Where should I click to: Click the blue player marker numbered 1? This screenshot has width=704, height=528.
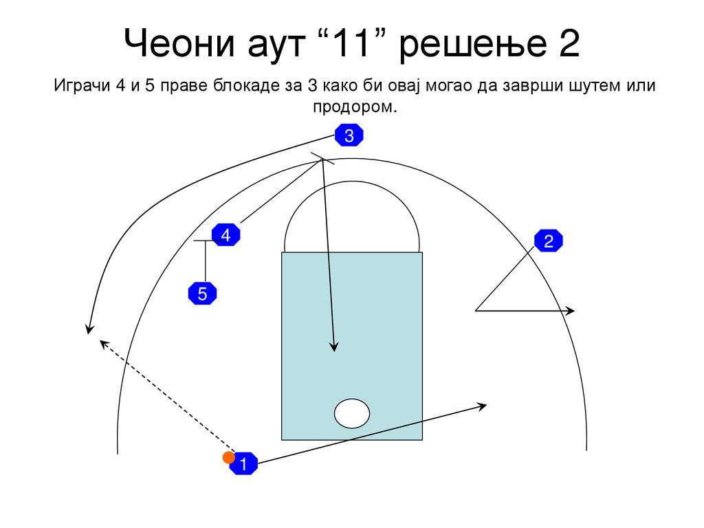pyautogui.click(x=243, y=463)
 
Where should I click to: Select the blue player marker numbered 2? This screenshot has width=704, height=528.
pyautogui.click(x=549, y=241)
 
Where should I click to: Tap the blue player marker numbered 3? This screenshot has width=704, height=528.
pyautogui.click(x=349, y=135)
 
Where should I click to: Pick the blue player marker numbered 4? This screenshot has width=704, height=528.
pyautogui.click(x=225, y=235)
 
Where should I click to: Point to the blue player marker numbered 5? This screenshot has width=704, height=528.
pyautogui.click(x=202, y=294)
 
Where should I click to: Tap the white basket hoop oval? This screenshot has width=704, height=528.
pyautogui.click(x=352, y=413)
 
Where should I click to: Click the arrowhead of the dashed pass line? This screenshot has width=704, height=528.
pyautogui.click(x=102, y=342)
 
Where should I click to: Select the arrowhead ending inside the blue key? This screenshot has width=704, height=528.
pyautogui.click(x=334, y=348)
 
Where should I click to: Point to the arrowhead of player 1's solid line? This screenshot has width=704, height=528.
pyautogui.click(x=483, y=405)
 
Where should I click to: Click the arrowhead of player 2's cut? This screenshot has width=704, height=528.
pyautogui.click(x=571, y=311)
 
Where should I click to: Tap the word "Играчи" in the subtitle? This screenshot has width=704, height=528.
pyautogui.click(x=82, y=87)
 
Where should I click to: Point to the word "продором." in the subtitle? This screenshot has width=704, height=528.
pyautogui.click(x=355, y=108)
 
